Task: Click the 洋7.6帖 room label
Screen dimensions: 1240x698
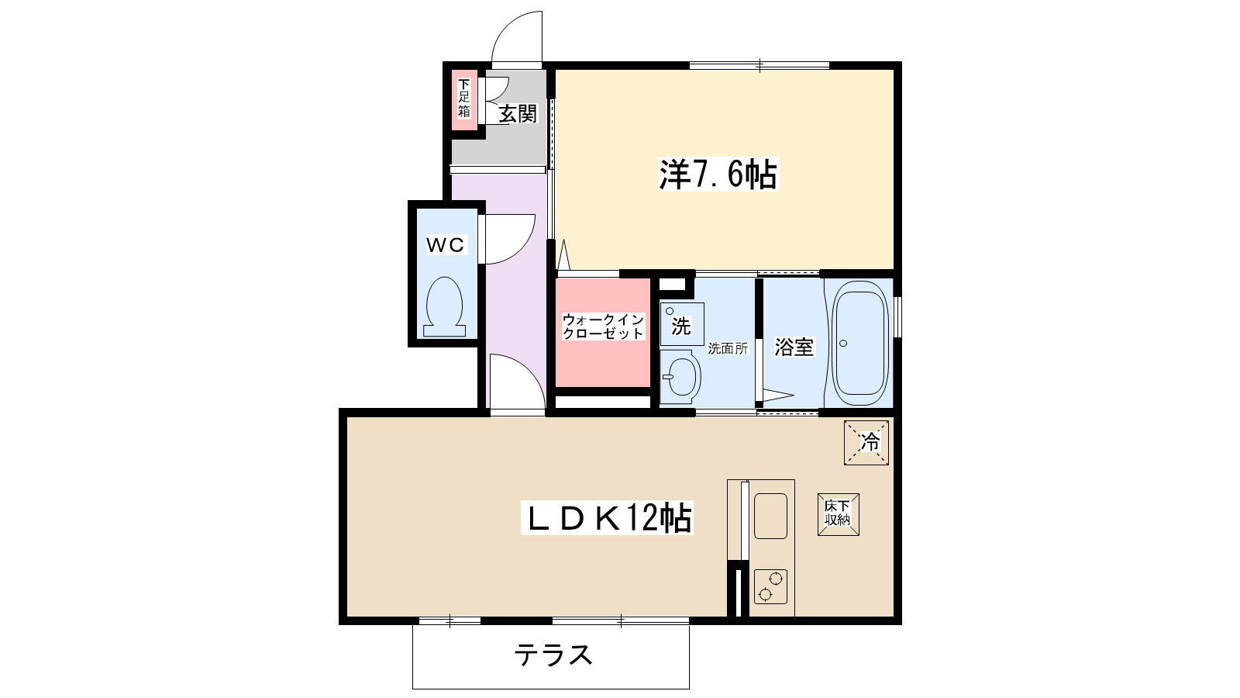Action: tap(718, 174)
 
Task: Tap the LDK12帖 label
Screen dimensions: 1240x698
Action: tap(607, 517)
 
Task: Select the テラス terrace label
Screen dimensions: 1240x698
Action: tap(553, 655)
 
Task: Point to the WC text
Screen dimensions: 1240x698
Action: tap(446, 244)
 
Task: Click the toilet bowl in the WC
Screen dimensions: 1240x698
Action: tap(445, 306)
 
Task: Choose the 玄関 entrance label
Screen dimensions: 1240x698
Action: tap(518, 114)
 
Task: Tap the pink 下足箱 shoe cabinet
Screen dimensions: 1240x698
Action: tap(464, 100)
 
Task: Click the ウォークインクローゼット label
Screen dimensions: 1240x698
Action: tap(604, 327)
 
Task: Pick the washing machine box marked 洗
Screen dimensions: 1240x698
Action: tap(681, 324)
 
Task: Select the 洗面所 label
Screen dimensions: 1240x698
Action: tap(728, 348)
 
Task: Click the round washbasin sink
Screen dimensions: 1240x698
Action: tap(681, 377)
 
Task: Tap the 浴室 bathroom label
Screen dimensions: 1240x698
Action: tap(794, 347)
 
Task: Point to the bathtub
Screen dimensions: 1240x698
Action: tap(859, 344)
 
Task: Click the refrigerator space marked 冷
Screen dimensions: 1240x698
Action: tap(866, 443)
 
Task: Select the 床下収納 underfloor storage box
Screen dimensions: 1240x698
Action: tap(838, 515)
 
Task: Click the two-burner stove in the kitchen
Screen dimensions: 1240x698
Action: tap(770, 586)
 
